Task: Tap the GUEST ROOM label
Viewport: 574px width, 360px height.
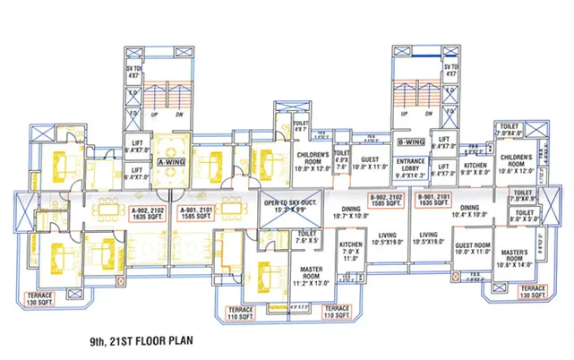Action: click(471, 248)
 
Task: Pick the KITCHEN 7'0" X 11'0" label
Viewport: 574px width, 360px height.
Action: click(349, 248)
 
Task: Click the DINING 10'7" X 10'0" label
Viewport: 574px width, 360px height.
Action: click(351, 211)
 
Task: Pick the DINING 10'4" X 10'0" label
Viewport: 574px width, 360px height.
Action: click(470, 211)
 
